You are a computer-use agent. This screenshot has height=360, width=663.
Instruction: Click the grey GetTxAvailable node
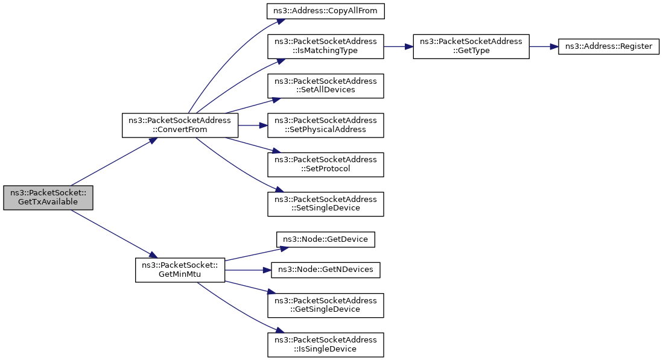pyautogui.click(x=48, y=197)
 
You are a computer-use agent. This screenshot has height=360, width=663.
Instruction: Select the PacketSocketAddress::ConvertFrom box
pyautogui.click(x=180, y=125)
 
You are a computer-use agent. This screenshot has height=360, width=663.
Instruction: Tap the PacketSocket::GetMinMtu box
pyautogui.click(x=179, y=270)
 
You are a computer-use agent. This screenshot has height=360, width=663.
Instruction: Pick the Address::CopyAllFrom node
pyautogui.click(x=326, y=11)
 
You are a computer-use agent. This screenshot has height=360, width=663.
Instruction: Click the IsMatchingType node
pyautogui.click(x=326, y=46)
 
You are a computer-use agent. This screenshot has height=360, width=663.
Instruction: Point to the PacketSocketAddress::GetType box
pyautogui.click(x=471, y=46)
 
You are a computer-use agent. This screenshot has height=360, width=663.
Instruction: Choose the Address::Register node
pyautogui.click(x=608, y=46)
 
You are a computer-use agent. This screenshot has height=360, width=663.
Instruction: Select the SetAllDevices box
pyautogui.click(x=326, y=86)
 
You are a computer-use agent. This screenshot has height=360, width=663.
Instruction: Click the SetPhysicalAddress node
pyautogui.click(x=326, y=125)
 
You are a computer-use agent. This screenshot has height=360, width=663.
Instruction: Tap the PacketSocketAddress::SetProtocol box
pyautogui.click(x=326, y=164)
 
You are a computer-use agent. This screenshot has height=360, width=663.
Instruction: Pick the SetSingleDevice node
pyautogui.click(x=326, y=204)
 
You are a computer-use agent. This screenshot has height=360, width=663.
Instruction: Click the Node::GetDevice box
pyautogui.click(x=326, y=239)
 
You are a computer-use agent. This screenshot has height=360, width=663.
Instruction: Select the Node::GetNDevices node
pyautogui.click(x=326, y=270)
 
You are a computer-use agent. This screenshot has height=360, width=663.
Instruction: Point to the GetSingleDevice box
pyautogui.click(x=326, y=305)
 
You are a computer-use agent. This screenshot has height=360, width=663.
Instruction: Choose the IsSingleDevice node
pyautogui.click(x=326, y=344)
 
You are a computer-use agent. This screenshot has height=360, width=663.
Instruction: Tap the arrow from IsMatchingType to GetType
pyautogui.click(x=398, y=46)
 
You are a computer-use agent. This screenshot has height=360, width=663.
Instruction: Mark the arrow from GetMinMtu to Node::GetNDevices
pyautogui.click(x=247, y=270)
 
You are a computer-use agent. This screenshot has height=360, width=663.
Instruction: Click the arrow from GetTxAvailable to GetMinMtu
pyautogui.click(x=112, y=233)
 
